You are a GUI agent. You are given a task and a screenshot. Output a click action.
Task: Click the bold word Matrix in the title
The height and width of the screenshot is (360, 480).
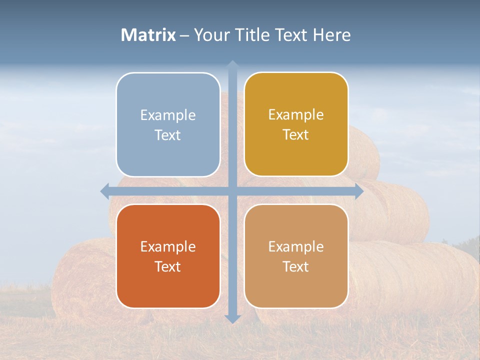pyautogui.click(x=148, y=35)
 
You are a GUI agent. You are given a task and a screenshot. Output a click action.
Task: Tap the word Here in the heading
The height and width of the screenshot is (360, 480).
pyautogui.click(x=331, y=35)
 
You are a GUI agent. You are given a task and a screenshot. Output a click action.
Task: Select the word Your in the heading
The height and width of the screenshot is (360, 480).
pyautogui.click(x=210, y=35)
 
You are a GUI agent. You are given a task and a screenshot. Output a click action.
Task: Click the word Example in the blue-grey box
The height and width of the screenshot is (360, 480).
pyautogui.click(x=168, y=115)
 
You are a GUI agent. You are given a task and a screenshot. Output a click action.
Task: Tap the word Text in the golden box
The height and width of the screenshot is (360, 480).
pyautogui.click(x=296, y=135)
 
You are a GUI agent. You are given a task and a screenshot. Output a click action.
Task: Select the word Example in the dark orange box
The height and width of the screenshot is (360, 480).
pyautogui.click(x=168, y=247)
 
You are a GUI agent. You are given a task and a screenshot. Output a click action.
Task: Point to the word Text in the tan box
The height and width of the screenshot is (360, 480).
pyautogui.click(x=296, y=267)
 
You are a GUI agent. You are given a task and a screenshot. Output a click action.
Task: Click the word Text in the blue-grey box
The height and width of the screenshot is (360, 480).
pyautogui.click(x=168, y=135)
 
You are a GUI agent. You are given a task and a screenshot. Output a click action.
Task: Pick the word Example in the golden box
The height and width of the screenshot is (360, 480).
pyautogui.click(x=296, y=115)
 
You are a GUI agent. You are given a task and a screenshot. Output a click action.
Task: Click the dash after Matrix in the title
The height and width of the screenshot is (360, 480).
pyautogui.click(x=184, y=35)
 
